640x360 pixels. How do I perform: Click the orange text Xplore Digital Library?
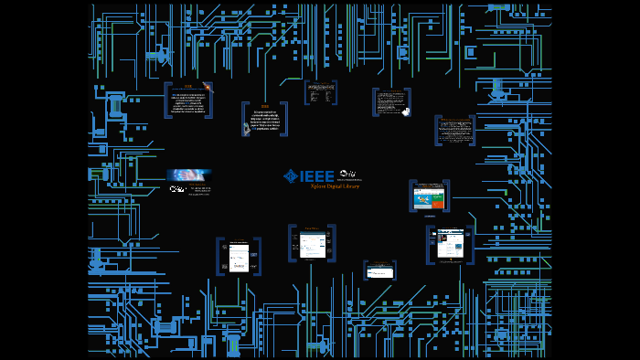(336, 185)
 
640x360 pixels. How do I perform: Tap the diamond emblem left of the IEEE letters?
(291, 175)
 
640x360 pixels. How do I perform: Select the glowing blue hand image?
(189, 175)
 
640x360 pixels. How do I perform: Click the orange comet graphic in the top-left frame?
(208, 88)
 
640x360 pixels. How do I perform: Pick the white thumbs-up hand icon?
(405, 111)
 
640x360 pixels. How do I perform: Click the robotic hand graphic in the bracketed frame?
(247, 130)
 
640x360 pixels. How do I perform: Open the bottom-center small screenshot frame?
(380, 270)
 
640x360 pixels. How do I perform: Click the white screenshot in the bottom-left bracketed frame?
(239, 257)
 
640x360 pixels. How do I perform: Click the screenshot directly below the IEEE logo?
(313, 243)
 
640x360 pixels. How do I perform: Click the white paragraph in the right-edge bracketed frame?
(453, 130)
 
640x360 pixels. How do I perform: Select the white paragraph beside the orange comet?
(187, 101)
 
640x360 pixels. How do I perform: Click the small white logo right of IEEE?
(349, 174)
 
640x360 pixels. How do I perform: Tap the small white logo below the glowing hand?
(178, 189)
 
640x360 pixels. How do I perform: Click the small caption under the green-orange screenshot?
(428, 216)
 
